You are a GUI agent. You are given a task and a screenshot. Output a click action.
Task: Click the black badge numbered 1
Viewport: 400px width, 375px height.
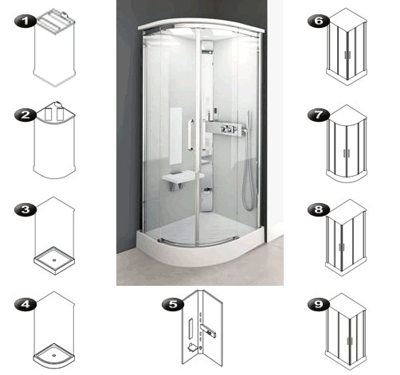[25, 21]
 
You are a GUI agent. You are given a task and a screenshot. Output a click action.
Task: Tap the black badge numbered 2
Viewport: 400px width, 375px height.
[25, 115]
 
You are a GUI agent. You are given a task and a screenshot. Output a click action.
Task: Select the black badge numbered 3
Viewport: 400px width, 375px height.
[25, 209]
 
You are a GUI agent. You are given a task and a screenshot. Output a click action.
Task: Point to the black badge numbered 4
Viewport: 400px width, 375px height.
[25, 304]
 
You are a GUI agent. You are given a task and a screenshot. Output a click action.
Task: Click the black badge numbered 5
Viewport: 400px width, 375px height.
[173, 304]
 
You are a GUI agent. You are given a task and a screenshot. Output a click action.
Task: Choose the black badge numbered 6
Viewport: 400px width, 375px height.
[319, 21]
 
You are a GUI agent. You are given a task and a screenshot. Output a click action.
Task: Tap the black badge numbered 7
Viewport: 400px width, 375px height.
[319, 115]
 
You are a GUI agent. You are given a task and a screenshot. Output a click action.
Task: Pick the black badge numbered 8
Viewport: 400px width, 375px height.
[319, 209]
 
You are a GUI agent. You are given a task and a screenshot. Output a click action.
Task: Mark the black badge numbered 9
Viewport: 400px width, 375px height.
[319, 304]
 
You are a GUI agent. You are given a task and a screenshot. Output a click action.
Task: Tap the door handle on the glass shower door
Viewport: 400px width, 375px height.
[190, 135]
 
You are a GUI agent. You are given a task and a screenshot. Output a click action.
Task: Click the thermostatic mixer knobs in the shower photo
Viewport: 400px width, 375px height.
[229, 129]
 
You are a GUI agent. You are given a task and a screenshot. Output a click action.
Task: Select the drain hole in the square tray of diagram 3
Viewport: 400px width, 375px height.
[54, 260]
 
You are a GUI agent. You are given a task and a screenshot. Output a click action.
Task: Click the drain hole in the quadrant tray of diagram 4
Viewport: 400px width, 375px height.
[54, 355]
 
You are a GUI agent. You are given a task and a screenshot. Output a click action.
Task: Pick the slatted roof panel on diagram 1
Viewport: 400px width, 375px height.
[56, 21]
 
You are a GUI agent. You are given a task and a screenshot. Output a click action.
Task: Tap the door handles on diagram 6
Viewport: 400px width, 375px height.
[347, 55]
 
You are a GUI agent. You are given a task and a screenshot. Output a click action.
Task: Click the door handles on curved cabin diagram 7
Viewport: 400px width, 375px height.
[347, 153]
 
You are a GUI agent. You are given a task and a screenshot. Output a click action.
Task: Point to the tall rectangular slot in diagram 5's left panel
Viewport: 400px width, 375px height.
[190, 329]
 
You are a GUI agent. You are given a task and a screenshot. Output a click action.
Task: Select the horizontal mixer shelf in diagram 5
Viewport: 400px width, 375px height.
[208, 330]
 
